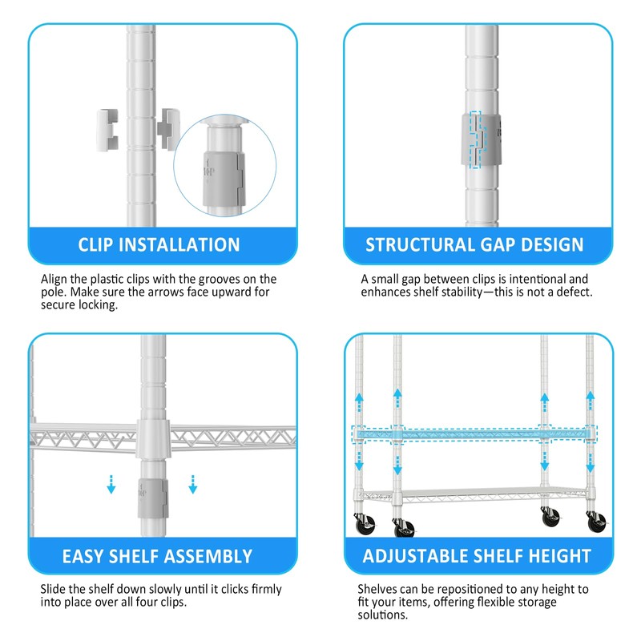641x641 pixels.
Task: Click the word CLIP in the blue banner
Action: click(x=95, y=245)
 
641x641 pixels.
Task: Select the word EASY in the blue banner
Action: click(x=83, y=556)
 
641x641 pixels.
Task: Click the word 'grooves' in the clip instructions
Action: click(x=219, y=280)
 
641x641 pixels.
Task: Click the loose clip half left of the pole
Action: click(x=107, y=130)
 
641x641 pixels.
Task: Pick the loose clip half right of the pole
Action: click(x=168, y=129)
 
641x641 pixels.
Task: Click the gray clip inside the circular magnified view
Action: click(x=224, y=179)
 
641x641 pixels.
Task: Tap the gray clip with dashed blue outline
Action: click(x=481, y=139)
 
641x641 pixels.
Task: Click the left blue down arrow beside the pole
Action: click(x=111, y=484)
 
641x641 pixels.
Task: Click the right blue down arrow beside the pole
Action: click(x=192, y=484)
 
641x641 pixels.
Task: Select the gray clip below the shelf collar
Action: click(x=152, y=498)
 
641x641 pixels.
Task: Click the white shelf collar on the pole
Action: click(x=153, y=438)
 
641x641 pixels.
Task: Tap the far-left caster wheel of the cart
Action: click(x=366, y=525)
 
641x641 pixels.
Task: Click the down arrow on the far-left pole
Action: click(x=359, y=460)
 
